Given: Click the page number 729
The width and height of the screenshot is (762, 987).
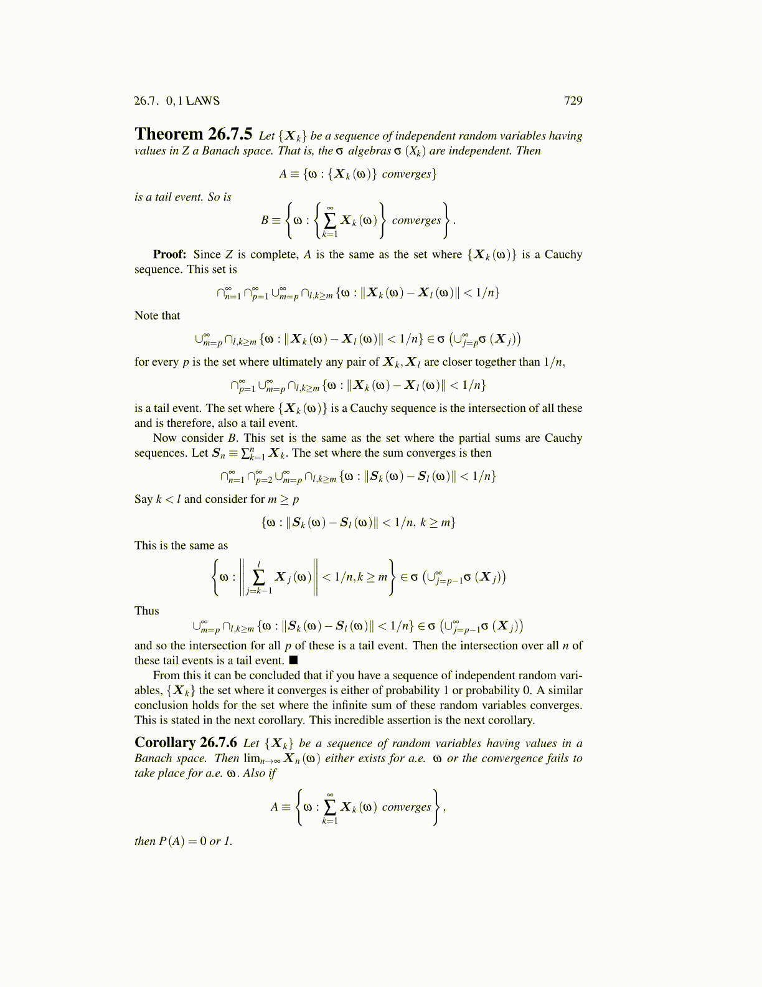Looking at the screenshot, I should click(573, 101).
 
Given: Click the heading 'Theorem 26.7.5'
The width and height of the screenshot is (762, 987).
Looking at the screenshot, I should click(194, 135).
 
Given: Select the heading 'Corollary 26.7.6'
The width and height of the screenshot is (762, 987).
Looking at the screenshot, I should click(186, 743).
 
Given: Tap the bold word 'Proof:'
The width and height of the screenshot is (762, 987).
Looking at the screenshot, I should click(169, 254).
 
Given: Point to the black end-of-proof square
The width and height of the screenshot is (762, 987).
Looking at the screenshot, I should click(293, 660).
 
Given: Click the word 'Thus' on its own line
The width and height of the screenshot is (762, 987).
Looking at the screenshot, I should click(146, 611).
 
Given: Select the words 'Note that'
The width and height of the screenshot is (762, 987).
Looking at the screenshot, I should click(157, 315).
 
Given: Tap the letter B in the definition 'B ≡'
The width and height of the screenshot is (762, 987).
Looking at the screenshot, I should click(265, 220).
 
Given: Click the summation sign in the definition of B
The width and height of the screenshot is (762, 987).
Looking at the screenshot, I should click(330, 220).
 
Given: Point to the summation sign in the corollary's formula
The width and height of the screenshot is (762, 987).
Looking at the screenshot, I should click(330, 807).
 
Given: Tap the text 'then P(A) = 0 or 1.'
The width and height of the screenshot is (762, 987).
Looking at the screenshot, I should click(183, 841).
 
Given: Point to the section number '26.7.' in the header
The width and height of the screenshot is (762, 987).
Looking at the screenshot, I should click(147, 101).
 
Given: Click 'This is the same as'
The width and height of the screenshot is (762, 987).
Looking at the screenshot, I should click(181, 545).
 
